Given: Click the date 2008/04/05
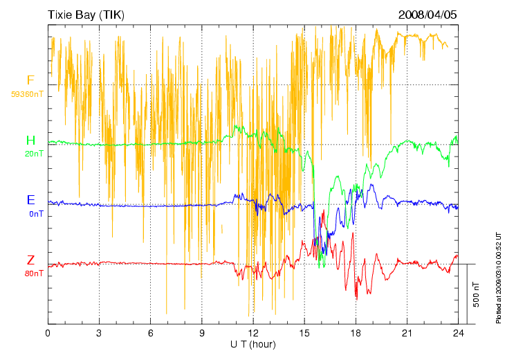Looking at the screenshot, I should click(428, 15).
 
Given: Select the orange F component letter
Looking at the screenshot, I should click(30, 80).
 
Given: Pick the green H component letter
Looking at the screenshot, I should click(30, 141).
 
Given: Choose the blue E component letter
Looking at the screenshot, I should click(30, 200).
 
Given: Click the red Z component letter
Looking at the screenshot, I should click(30, 260).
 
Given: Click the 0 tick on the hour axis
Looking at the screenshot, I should click(48, 333).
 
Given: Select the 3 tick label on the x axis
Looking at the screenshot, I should click(99, 333).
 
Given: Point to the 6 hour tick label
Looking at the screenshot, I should click(150, 333).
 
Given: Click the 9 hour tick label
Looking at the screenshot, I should click(202, 333).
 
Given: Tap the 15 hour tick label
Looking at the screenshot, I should click(304, 333).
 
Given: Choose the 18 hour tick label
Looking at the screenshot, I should click(356, 333).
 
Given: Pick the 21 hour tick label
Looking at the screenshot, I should click(407, 333).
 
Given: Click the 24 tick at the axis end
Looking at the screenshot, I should click(458, 333).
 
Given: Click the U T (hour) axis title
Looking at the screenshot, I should click(253, 343).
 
